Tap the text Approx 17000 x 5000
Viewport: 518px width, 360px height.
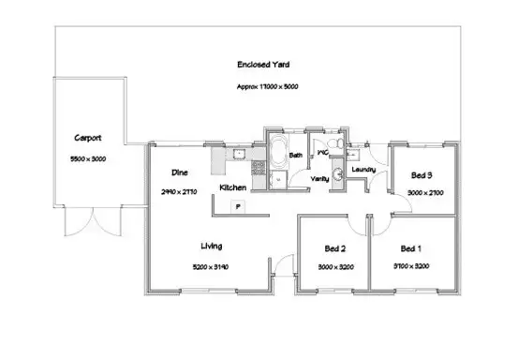click(x=268, y=85)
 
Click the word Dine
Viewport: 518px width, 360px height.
click(x=181, y=172)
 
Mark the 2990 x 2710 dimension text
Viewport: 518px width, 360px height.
click(x=181, y=191)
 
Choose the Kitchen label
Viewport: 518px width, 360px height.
click(x=233, y=187)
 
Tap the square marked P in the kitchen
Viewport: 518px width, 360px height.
click(x=239, y=206)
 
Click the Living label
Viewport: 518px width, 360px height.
click(x=211, y=247)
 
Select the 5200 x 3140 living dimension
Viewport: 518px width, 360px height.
click(x=211, y=267)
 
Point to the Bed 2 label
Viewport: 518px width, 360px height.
click(x=335, y=248)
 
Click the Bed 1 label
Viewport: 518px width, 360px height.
click(x=410, y=248)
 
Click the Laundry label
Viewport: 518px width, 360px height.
click(x=365, y=170)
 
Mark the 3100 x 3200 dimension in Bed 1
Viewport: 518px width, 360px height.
click(x=410, y=266)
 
